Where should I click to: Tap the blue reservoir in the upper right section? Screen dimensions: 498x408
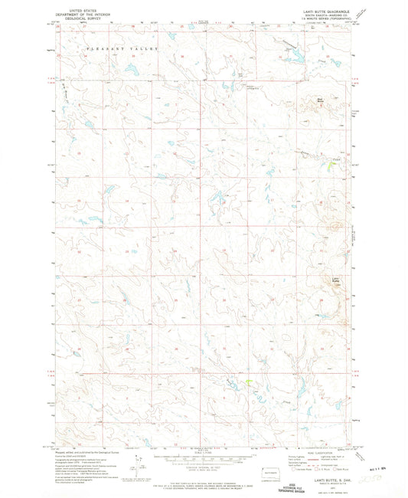pos(292,55)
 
